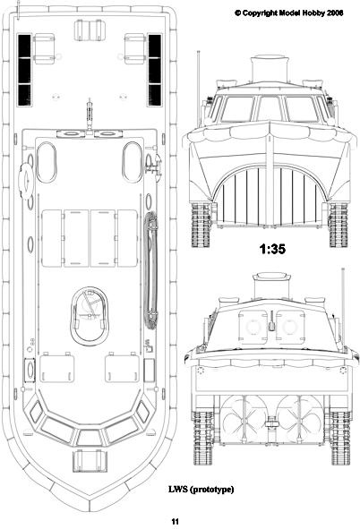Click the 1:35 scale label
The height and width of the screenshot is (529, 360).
pos(272,249)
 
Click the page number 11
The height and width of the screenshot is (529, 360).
pos(175,521)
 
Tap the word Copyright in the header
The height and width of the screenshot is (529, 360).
pos(260,13)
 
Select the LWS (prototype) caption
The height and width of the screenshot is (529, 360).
pos(201,490)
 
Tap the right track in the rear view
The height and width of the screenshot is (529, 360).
pos(339,438)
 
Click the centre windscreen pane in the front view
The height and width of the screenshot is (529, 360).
pos(270,108)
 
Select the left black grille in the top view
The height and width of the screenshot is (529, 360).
pos(24,70)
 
